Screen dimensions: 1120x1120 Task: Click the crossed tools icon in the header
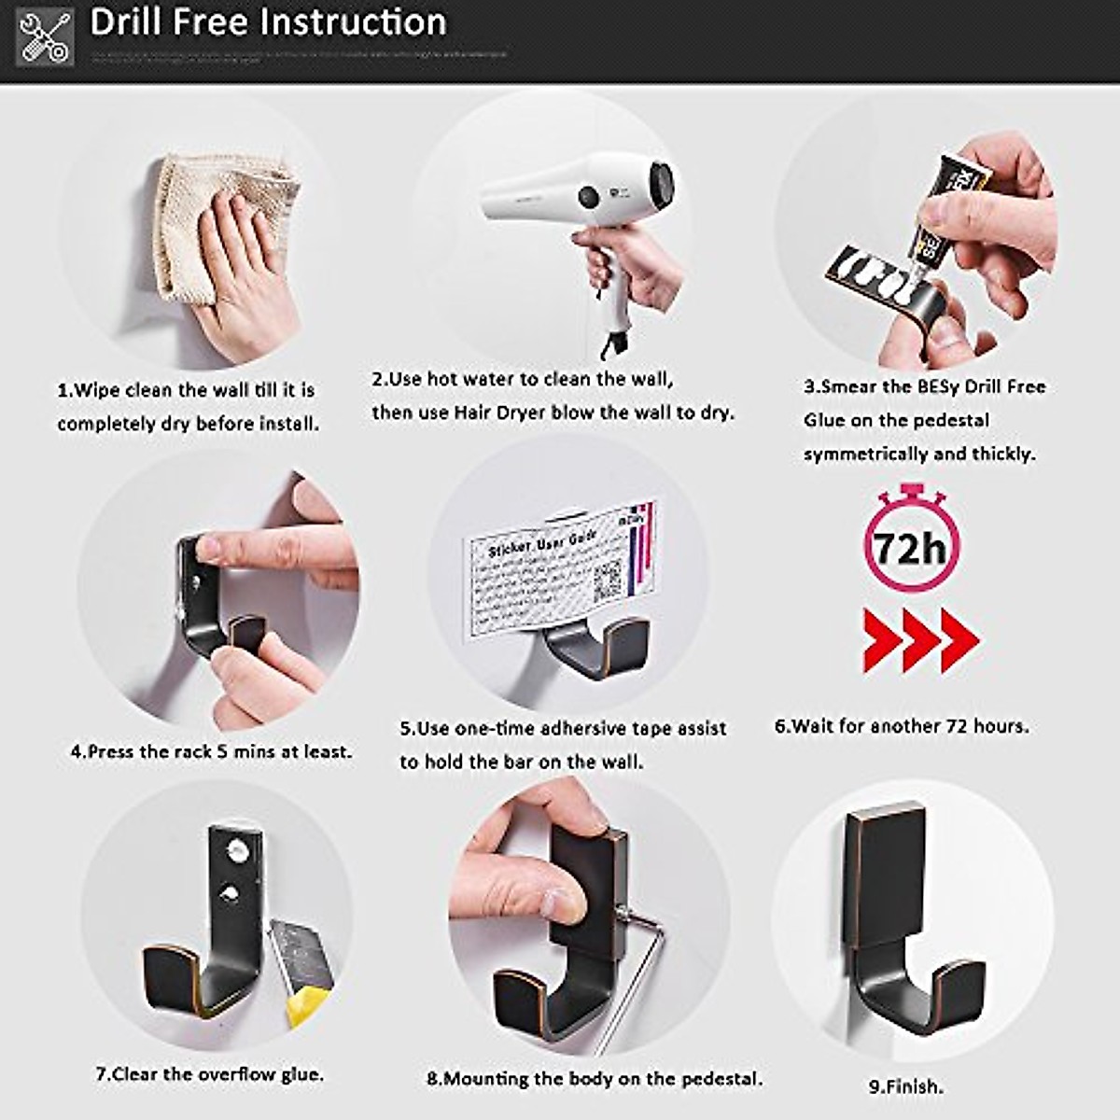coord(45,37)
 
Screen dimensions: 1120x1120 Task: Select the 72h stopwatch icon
coord(910,541)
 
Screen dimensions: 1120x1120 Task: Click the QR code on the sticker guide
coord(608,582)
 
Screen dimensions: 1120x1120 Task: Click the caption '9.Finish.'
coord(905,1086)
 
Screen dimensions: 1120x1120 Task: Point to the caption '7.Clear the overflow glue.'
coord(210,1074)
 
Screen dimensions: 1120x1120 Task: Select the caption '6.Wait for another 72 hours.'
coord(902,725)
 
